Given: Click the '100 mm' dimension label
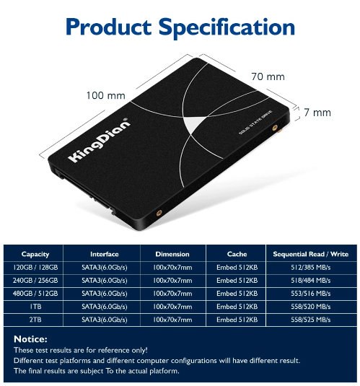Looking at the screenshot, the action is [x=105, y=95].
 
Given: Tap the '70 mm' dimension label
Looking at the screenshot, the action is [x=268, y=76].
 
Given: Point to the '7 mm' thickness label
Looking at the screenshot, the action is [x=317, y=113].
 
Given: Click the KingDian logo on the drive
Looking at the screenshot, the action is [x=99, y=140].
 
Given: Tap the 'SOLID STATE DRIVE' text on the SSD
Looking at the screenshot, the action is [x=255, y=123].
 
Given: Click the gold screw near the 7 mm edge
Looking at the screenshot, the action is [x=275, y=128].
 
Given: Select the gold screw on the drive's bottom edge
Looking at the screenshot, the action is [x=159, y=213].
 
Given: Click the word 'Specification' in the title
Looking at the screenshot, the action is [x=227, y=27].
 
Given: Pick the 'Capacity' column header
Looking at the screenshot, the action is [x=35, y=254].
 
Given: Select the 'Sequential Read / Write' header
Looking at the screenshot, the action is [x=311, y=254].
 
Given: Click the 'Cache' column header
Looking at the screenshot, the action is [x=237, y=254].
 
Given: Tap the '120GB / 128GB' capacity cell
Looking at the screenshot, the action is [x=35, y=268].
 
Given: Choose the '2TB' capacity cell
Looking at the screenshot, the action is [x=35, y=320].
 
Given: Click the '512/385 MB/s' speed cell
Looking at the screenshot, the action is [x=311, y=268].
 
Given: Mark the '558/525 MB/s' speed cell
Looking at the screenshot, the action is [x=311, y=320].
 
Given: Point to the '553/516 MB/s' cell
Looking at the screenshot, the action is [x=311, y=294].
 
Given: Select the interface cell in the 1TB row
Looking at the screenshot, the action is [x=105, y=307].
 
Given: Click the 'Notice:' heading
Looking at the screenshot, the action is [x=30, y=339].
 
